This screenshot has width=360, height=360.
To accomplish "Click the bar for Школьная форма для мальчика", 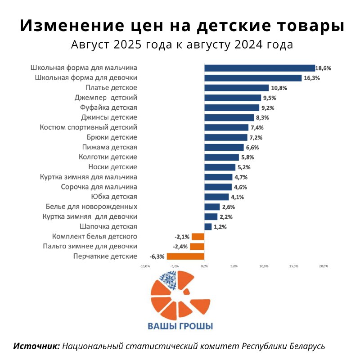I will point(260,68).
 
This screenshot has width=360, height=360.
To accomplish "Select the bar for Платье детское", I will point(236,88).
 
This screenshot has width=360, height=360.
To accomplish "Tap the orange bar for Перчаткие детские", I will point(185,256).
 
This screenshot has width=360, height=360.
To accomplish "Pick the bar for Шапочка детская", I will point(208,227).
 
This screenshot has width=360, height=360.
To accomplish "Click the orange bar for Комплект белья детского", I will point(198,236).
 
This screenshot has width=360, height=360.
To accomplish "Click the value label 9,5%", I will point(270,98).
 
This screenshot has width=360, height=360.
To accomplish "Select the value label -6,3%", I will point(156,256).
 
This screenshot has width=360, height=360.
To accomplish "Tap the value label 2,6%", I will point(229,207).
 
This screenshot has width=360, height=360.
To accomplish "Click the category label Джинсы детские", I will point(109,117).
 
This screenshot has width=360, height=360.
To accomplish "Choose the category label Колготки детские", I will point(108,157).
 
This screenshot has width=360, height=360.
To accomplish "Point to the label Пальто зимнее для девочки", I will point(90,246).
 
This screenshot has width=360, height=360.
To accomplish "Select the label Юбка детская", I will point(114,197).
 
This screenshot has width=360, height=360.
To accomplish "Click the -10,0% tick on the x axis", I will point(145,266).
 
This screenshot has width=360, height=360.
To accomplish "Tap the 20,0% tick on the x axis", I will point(324,266).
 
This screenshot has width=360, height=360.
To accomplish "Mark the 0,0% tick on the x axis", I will point(204,266).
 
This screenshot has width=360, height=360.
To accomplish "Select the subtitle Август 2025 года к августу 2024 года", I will point(182,45).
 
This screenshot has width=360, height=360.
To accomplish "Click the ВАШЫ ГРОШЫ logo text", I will point(180,326).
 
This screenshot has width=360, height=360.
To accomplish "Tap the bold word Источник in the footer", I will point(36,346).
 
